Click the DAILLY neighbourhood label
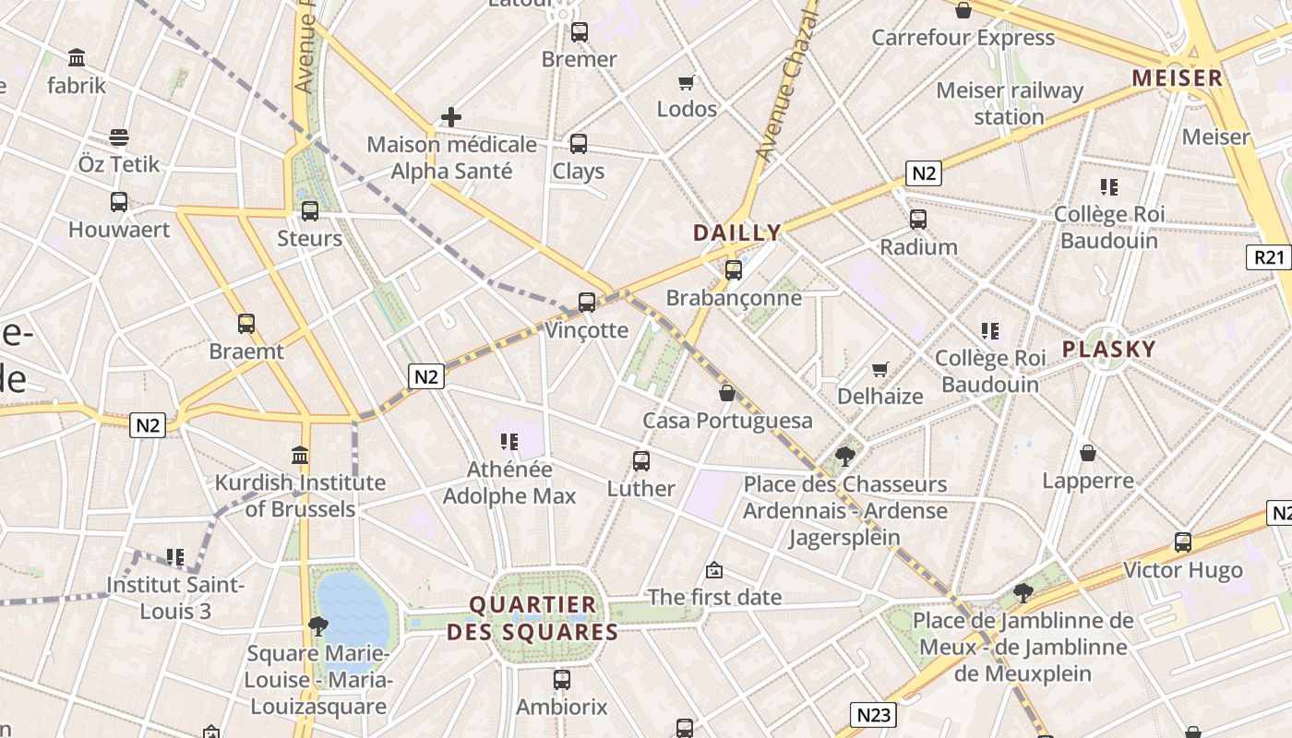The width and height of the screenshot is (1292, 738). (736, 232)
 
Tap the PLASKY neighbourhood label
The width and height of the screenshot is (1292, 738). (1108, 349)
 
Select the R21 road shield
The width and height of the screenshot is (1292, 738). (1270, 257)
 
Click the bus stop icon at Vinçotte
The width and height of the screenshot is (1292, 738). (587, 303)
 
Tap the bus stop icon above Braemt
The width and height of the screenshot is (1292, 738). (246, 324)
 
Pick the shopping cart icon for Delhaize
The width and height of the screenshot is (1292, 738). (880, 369)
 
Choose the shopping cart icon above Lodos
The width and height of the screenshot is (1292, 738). (686, 83)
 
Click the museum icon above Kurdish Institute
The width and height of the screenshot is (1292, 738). (300, 455)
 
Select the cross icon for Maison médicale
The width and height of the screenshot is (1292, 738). (451, 117)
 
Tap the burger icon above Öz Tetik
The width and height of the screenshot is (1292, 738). (119, 137)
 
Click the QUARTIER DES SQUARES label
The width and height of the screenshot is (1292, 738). (532, 618)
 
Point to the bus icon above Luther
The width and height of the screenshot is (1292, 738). (641, 461)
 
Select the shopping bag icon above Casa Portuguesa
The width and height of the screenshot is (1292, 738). (727, 393)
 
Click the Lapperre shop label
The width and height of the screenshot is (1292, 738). (1088, 481)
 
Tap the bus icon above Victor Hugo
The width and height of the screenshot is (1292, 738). (1183, 542)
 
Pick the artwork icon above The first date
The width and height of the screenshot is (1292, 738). (714, 570)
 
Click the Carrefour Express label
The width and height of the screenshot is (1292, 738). (963, 38)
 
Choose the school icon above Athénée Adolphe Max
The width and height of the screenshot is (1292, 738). (508, 442)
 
